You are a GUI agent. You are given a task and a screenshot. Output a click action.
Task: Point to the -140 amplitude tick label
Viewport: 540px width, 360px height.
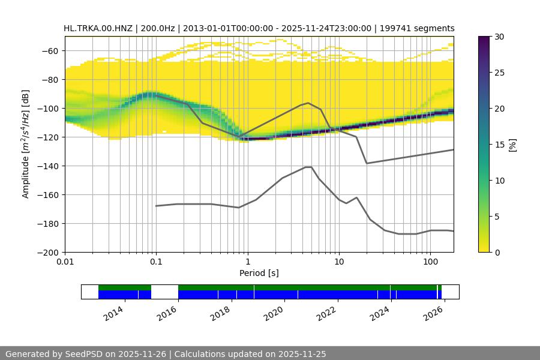pos(48,166)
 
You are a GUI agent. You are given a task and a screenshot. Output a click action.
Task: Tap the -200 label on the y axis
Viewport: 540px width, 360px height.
pos(48,253)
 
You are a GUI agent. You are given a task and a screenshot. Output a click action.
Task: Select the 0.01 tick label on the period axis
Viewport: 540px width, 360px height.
pos(65,262)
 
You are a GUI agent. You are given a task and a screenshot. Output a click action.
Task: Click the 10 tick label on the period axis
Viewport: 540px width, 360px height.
pos(338,262)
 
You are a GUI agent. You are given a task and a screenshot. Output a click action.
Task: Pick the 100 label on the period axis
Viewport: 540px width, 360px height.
pos(430,262)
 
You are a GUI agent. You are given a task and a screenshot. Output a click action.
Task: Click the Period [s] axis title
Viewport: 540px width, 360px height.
pos(259,273)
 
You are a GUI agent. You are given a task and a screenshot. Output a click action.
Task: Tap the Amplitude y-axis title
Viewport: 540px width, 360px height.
pos(26,144)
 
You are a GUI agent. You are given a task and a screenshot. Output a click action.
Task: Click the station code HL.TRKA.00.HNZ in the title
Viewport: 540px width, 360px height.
pos(99,28)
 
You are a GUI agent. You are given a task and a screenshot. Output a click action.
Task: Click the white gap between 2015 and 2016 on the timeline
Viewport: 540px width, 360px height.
pos(164,292)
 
